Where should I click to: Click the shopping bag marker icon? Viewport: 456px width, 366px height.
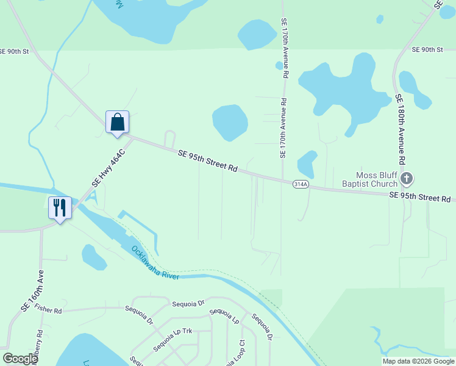(x=117, y=121)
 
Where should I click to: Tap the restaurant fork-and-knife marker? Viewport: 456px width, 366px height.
(x=60, y=208)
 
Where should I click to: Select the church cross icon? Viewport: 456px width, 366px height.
(x=407, y=179)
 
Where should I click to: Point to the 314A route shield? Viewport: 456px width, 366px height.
(x=300, y=183)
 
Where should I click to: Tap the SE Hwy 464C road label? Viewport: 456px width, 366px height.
(x=108, y=168)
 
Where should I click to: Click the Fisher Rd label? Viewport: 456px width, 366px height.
(x=49, y=310)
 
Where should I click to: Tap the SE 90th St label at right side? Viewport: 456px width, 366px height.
(x=427, y=49)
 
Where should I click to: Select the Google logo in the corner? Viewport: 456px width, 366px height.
(x=20, y=359)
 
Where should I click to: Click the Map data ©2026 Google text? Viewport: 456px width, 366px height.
(x=418, y=361)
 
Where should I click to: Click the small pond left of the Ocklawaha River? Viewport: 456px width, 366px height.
(x=94, y=257)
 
